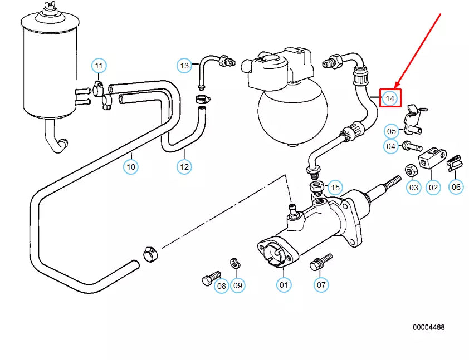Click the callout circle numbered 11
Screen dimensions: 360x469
[99, 66]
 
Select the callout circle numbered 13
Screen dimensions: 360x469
[185, 66]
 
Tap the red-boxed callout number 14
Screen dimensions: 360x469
[390, 98]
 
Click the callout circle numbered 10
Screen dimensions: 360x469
[131, 166]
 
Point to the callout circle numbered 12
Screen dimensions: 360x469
[184, 166]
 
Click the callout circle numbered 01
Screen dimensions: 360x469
[284, 285]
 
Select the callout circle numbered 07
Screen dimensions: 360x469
[321, 285]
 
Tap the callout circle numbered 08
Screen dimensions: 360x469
[222, 286]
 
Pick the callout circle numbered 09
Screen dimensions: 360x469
[238, 286]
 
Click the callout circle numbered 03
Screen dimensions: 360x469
[413, 188]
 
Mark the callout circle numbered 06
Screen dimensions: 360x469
[456, 187]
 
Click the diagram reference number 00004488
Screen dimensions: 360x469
[428, 327]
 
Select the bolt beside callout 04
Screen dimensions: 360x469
[411, 146]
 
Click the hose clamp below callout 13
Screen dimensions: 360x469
[203, 100]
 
